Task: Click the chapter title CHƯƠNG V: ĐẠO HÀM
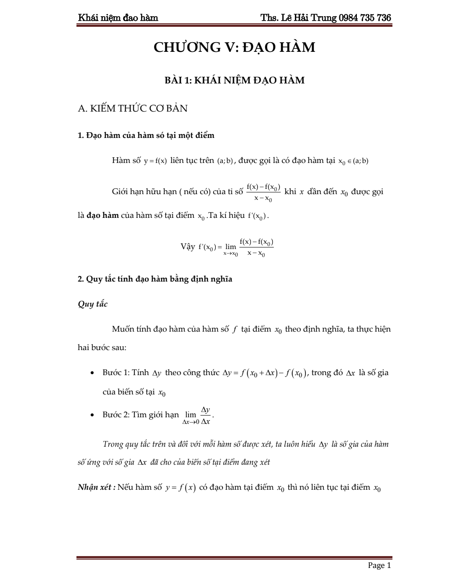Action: pos(234,47)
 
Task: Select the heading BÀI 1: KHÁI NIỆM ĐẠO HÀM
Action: pos(234,80)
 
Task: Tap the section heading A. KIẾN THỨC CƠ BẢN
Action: pos(132,108)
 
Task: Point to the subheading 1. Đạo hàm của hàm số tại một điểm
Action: pos(146,135)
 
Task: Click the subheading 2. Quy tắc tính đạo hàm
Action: pos(155,279)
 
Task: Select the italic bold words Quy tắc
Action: pos(92,304)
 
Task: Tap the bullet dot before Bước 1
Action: pos(92,373)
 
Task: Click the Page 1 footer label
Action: pos(379,565)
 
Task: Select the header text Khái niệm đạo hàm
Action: pos(118,18)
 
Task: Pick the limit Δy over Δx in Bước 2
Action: pos(198,415)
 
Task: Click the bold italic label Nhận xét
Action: pos(96,488)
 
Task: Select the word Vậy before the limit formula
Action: pos(188,246)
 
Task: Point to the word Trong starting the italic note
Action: pos(113,444)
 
